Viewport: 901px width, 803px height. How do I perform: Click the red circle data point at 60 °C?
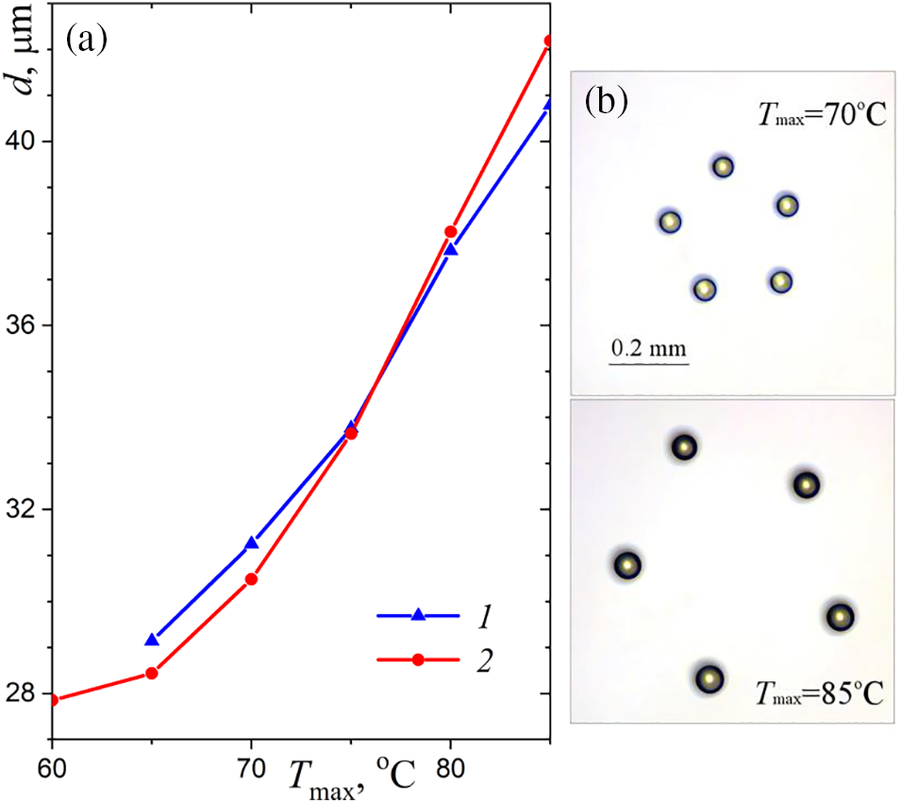pos(53,700)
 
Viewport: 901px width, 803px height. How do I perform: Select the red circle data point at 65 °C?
pos(151,674)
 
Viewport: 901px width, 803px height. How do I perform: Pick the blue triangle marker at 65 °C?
pos(151,641)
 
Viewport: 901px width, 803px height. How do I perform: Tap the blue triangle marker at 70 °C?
pos(251,544)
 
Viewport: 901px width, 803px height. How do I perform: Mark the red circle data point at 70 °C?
pos(251,579)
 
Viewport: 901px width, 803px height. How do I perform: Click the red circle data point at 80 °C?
pos(450,232)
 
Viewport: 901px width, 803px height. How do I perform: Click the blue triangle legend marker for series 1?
pos(419,615)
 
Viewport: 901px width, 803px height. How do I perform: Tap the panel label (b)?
pos(607,99)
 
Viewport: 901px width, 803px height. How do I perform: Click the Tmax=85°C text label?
pos(819,695)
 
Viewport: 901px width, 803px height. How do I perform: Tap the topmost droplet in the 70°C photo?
pos(723,167)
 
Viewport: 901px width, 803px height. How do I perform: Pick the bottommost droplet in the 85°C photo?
pos(709,678)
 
